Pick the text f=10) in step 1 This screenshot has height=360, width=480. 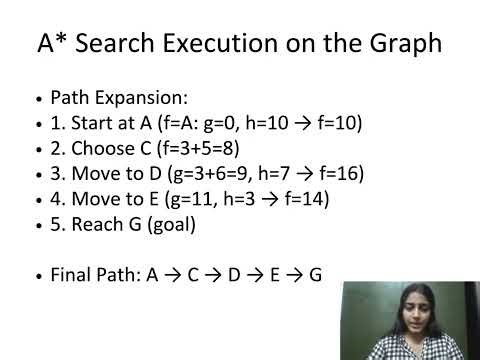pos(340,125)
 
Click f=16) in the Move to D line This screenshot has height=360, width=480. pos(339,174)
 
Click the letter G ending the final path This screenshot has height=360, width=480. pos(315,272)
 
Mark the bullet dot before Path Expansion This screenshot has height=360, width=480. pos(38,102)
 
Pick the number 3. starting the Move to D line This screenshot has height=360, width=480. pos(57,174)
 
